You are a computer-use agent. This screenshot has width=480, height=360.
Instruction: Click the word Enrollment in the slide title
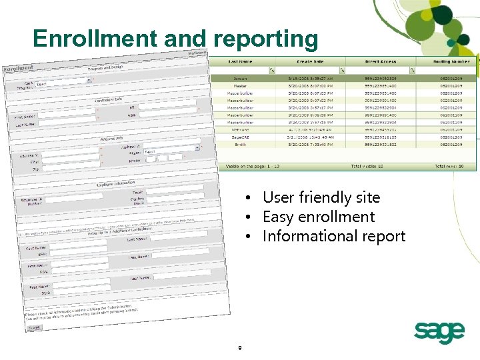(x=97, y=39)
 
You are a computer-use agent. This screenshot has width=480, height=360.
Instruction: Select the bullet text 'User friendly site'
(x=321, y=197)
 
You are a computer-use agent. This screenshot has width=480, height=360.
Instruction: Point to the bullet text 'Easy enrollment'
(x=319, y=217)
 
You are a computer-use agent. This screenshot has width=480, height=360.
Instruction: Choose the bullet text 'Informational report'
(x=334, y=236)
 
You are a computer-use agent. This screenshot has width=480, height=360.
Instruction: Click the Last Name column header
(x=241, y=61)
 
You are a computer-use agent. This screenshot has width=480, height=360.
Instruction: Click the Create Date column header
(x=310, y=61)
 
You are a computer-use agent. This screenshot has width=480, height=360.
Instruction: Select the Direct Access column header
(x=380, y=61)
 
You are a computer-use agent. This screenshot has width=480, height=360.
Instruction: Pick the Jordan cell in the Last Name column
(x=241, y=78)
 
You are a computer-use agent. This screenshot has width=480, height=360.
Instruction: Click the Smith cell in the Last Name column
(x=241, y=144)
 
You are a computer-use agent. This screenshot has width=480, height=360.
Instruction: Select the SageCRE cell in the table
(x=241, y=137)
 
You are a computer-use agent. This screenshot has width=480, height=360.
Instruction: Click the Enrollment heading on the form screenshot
(x=19, y=68)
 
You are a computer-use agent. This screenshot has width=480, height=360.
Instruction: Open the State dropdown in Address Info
(x=172, y=151)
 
